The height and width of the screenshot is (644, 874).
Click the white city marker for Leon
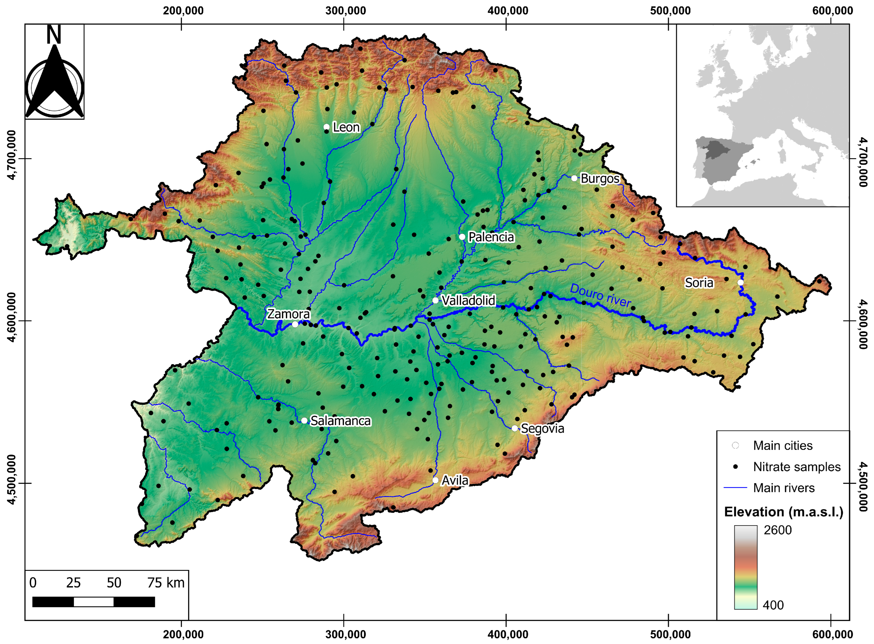coord(326,127)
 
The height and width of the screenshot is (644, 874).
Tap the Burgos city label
coord(600,179)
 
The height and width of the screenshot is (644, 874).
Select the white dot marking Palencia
coord(462,237)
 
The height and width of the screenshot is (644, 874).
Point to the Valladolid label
coord(468,301)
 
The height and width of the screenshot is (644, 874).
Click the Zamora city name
coord(288,314)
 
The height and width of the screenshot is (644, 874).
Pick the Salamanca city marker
coord(304,421)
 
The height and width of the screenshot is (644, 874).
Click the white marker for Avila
coord(435,480)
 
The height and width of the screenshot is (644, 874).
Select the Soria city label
coord(699,283)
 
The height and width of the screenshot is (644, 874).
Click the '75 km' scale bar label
coord(166,583)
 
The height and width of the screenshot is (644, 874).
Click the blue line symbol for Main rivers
coord(735,488)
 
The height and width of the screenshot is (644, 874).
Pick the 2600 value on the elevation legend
coord(777,530)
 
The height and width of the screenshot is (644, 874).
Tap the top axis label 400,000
coord(508,11)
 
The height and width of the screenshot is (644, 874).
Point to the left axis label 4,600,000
coord(12,321)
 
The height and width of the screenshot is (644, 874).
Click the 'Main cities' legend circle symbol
coord(735,445)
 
